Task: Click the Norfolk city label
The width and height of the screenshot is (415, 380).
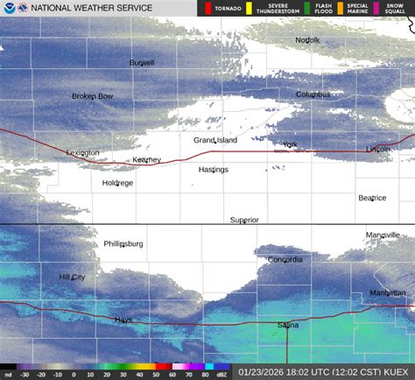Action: click(x=307, y=40)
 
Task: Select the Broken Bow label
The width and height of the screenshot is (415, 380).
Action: click(x=92, y=96)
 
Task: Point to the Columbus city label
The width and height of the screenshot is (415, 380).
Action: click(x=313, y=95)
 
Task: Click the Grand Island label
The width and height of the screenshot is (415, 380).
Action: click(x=215, y=140)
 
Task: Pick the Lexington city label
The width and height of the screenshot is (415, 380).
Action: click(x=83, y=153)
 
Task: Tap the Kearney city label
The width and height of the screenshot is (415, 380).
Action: click(x=147, y=160)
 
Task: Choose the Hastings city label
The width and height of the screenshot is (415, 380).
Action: click(x=213, y=170)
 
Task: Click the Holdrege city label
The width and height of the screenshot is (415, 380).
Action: click(x=117, y=183)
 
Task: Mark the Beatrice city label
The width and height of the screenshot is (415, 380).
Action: click(x=372, y=198)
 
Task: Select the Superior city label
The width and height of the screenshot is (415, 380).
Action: click(x=244, y=220)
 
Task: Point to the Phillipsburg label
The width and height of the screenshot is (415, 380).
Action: click(x=123, y=243)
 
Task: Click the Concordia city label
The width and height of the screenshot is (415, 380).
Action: click(x=285, y=260)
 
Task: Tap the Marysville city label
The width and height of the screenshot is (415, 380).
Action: click(x=383, y=235)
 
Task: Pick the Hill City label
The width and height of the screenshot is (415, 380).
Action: click(x=72, y=278)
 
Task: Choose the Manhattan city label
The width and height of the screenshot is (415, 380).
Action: click(x=387, y=292)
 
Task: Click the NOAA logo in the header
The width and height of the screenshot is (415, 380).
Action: click(x=9, y=8)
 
